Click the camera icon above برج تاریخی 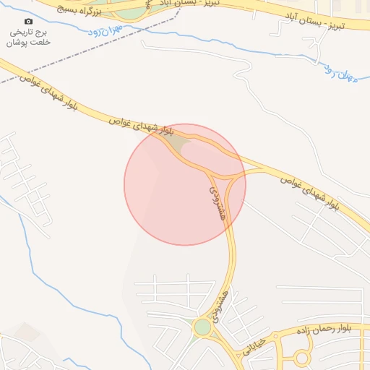click(28, 22)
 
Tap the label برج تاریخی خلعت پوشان click(28, 38)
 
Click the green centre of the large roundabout click(202, 327)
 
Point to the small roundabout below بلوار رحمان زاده click(302, 358)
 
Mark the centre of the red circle click(185, 184)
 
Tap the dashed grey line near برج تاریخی click(87, 54)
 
